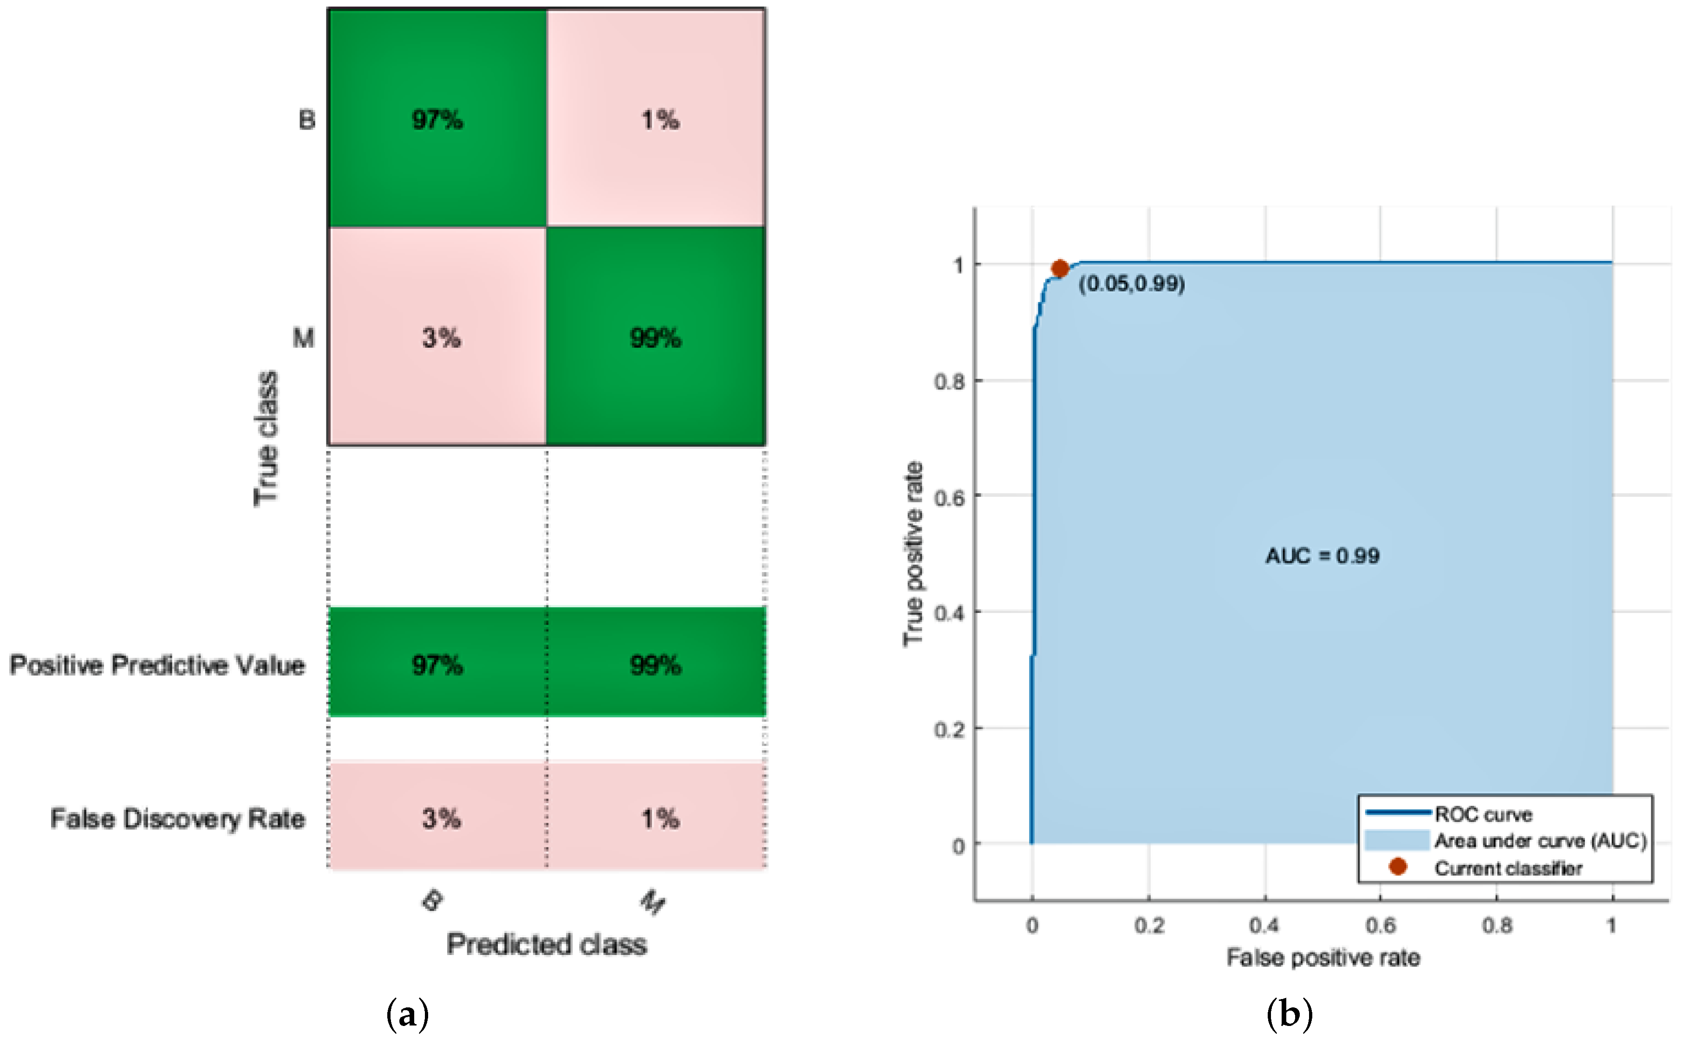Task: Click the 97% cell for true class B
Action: click(437, 119)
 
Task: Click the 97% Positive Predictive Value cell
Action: click(437, 665)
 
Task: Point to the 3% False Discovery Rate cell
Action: click(440, 818)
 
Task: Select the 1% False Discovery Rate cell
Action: click(659, 818)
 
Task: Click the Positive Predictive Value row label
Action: click(157, 665)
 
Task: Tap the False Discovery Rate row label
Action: click(178, 818)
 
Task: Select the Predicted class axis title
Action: click(546, 944)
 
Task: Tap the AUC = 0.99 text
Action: click(1322, 556)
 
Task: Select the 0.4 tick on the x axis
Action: click(1264, 925)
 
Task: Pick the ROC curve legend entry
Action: click(1483, 814)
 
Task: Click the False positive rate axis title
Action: click(1322, 958)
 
